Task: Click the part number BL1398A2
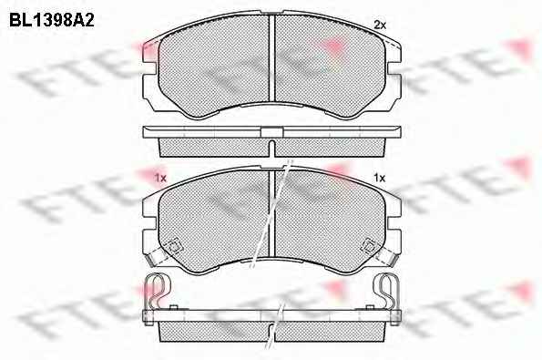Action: pos(52,20)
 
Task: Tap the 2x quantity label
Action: pos(380,25)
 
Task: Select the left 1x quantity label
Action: pos(160,179)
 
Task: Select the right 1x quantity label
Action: pos(379,178)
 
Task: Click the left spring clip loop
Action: pos(157,290)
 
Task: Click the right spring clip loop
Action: pos(388,290)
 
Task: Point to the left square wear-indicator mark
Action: pos(175,247)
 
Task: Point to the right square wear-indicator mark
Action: pos(369,246)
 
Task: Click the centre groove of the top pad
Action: pos(271,58)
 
